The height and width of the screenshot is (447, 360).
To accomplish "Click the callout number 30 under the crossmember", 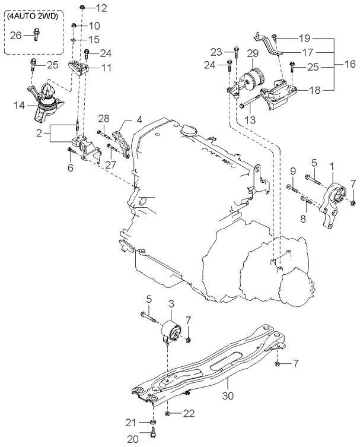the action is pyautogui.click(x=228, y=395).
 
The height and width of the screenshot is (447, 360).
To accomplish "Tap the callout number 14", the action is pyautogui.click(x=20, y=106).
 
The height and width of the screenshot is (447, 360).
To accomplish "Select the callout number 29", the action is pyautogui.click(x=253, y=53).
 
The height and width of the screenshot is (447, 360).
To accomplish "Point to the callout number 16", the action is pyautogui.click(x=350, y=64).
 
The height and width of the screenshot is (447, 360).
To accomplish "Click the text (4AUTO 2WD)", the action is pyautogui.click(x=33, y=16).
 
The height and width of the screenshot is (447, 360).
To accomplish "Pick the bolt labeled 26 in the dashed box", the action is pyautogui.click(x=36, y=34).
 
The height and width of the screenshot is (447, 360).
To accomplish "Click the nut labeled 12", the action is pyautogui.click(x=82, y=7).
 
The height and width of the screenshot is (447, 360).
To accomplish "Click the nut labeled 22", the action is pyautogui.click(x=168, y=413).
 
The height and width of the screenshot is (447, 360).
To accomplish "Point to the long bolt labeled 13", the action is pyautogui.click(x=250, y=102).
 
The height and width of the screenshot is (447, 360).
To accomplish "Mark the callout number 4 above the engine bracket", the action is pyautogui.click(x=139, y=119).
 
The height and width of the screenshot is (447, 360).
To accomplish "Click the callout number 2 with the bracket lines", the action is pyautogui.click(x=39, y=133).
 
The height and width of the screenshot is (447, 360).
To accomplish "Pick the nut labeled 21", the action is pyautogui.click(x=153, y=423).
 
